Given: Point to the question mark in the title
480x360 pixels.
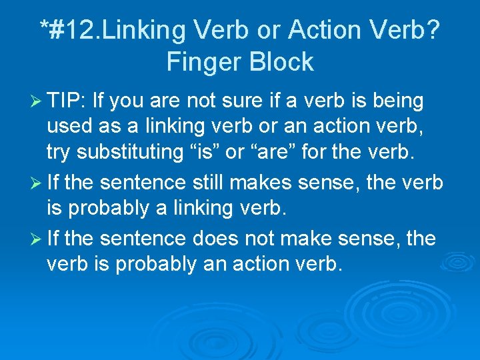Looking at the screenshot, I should (x=432, y=30).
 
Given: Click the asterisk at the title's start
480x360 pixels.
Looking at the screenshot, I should (x=44, y=27).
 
